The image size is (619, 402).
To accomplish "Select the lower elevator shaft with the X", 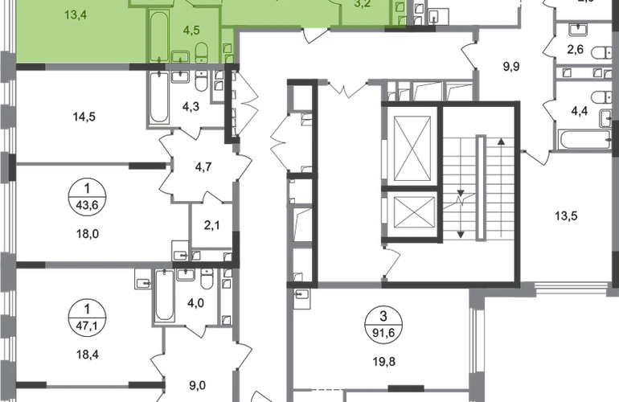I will click(x=411, y=213).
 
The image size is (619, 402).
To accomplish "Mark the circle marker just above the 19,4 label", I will click(x=84, y=310).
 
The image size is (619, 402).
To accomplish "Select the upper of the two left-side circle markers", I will click(x=84, y=193).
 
